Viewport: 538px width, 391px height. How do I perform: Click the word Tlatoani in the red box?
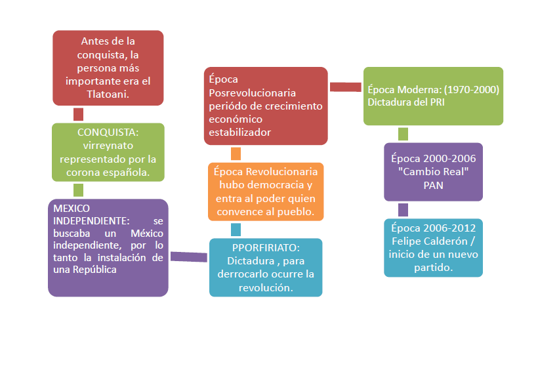click(x=108, y=94)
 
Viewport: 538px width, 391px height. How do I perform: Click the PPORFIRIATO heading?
click(x=266, y=247)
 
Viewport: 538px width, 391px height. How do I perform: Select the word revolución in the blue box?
click(x=266, y=287)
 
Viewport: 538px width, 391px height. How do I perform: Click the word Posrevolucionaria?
click(x=249, y=93)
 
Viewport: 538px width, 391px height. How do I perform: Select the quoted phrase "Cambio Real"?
click(x=433, y=172)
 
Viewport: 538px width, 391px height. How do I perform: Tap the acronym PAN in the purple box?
click(x=433, y=185)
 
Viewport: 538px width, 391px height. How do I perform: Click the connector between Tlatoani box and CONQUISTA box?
click(x=79, y=114)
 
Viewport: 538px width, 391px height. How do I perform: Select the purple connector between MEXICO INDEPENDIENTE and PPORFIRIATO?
click(x=190, y=256)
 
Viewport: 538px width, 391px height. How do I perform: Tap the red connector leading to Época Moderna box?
click(x=346, y=87)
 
